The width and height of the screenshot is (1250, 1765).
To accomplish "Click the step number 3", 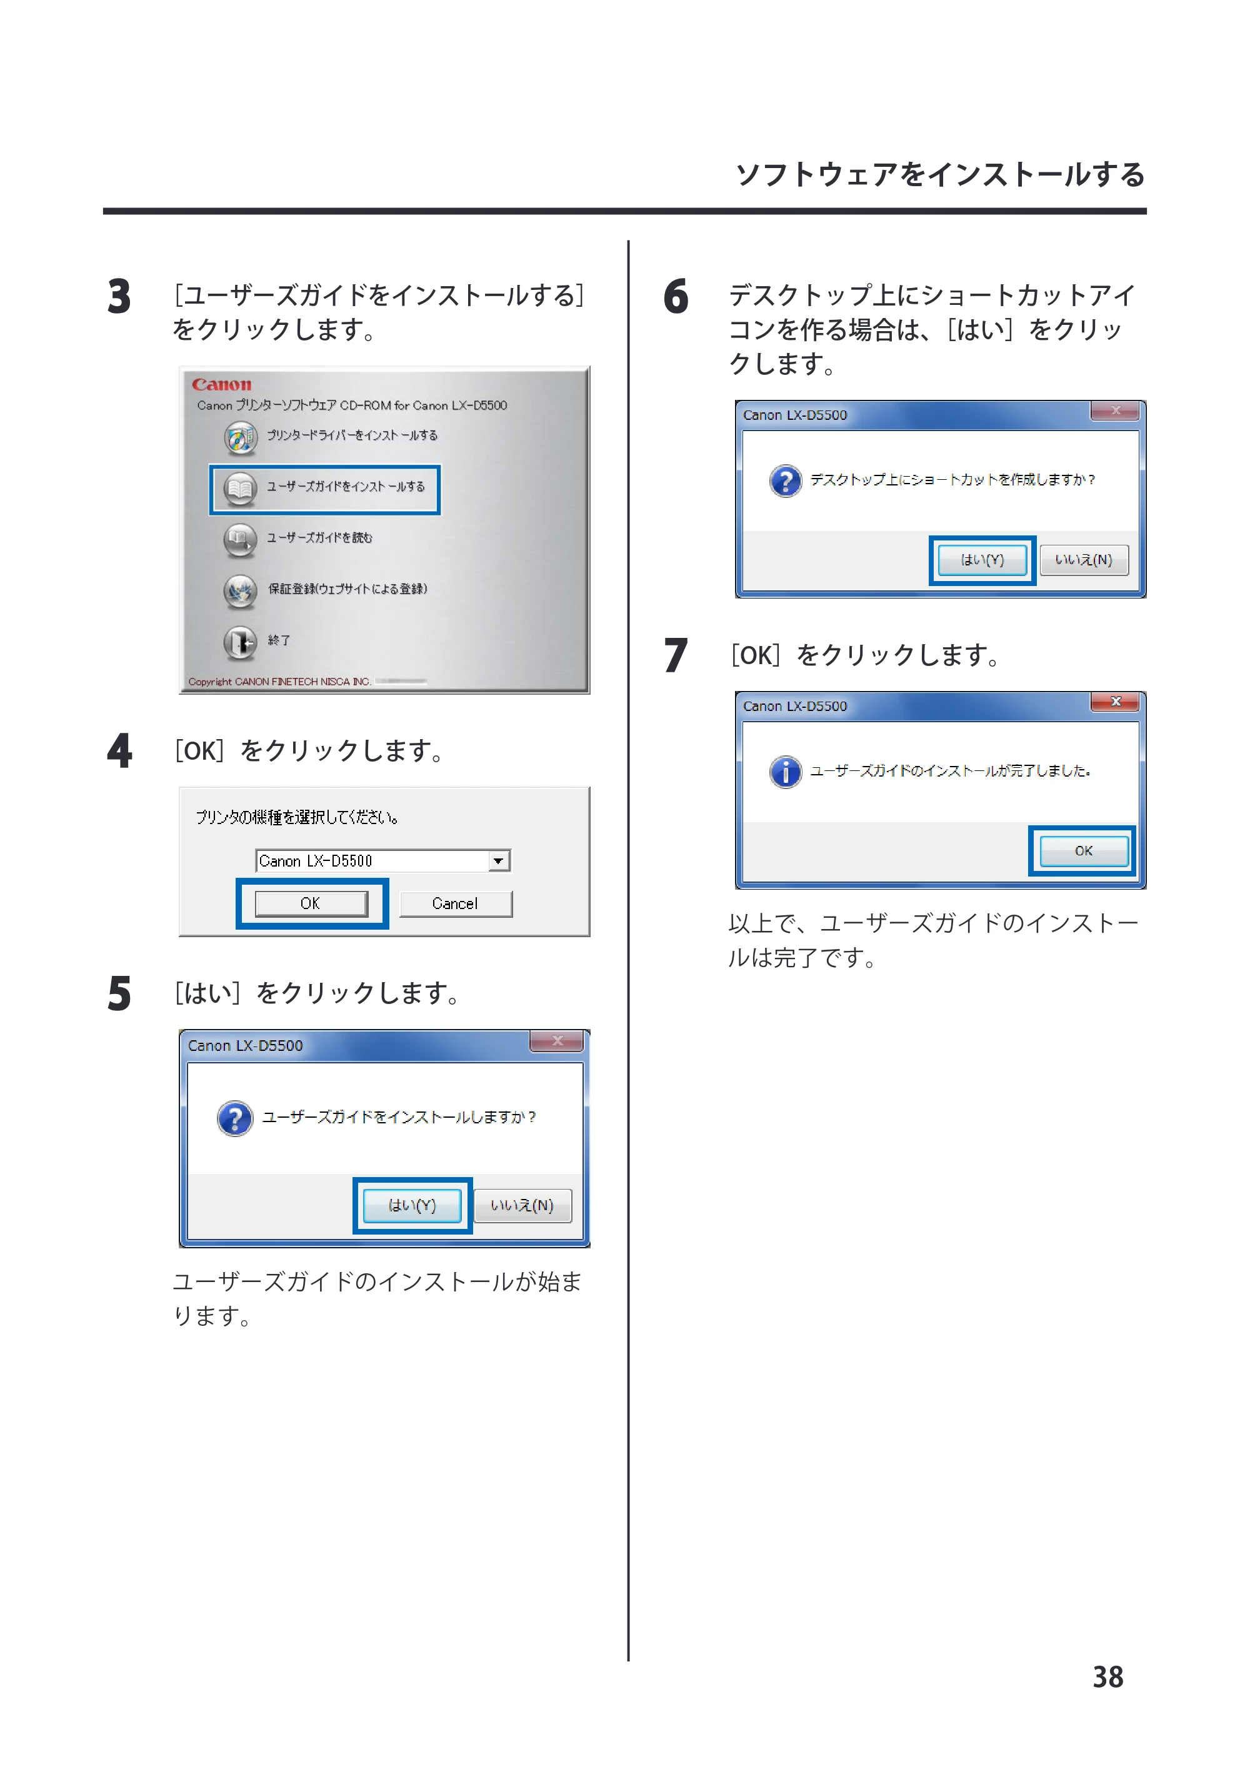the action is [119, 297].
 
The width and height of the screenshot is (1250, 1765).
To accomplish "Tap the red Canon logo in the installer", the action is [222, 385].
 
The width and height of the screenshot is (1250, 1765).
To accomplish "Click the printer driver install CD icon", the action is [240, 438].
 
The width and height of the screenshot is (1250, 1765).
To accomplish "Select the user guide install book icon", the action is [240, 489].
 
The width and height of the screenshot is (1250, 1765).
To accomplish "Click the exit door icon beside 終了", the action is [240, 642].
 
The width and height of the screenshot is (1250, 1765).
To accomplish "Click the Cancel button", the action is [456, 904].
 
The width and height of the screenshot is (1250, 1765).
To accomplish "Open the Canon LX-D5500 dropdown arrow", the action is [499, 860].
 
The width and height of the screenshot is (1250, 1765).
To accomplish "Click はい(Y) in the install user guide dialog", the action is [412, 1206].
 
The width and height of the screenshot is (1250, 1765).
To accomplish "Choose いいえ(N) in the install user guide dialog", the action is [522, 1206].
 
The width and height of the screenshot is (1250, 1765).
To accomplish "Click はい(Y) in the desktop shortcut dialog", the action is [982, 560].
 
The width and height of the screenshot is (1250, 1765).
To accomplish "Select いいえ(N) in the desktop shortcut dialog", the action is [1084, 560].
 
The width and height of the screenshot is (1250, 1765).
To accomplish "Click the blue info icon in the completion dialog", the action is [785, 772].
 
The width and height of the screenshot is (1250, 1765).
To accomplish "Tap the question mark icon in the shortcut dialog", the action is [785, 481].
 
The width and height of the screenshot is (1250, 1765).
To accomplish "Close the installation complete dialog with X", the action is [1115, 701].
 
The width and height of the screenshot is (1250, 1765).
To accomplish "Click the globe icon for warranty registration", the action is [240, 591].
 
